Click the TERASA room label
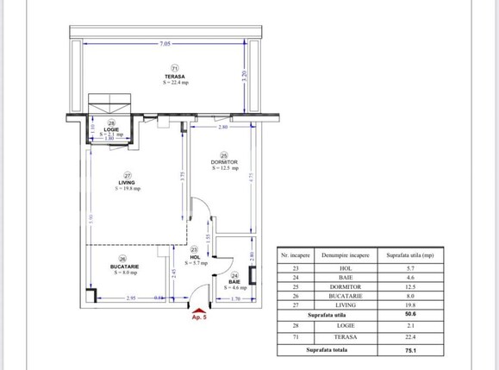[175, 77]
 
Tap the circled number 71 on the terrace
[175, 68]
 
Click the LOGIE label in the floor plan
[111, 130]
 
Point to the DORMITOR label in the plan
[223, 161]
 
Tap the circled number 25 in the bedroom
[223, 154]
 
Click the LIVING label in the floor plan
[126, 182]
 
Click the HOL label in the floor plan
[195, 256]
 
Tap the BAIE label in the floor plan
[234, 281]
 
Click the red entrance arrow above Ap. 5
[200, 309]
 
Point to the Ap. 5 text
[200, 317]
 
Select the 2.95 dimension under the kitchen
[130, 298]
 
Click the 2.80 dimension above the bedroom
[223, 128]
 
